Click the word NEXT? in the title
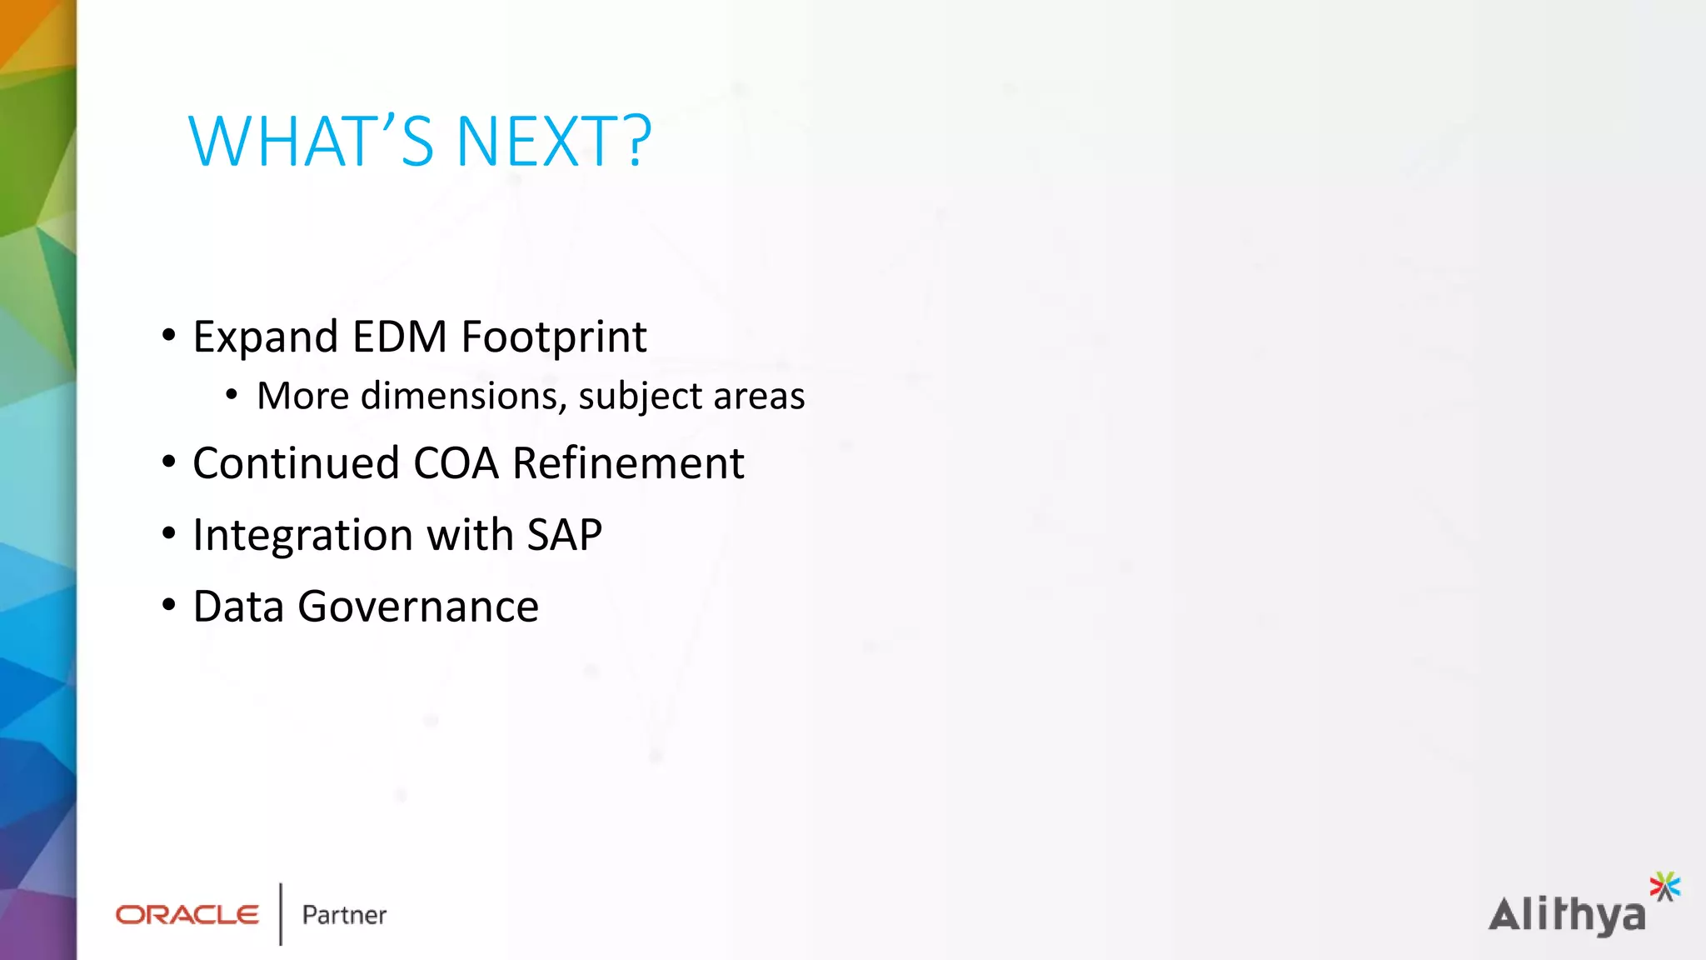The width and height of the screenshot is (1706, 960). (x=553, y=142)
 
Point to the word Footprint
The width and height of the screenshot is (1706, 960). (x=554, y=337)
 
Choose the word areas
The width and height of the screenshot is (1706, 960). (x=759, y=397)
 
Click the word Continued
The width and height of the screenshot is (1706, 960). (x=296, y=463)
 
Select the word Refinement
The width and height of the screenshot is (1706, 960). (x=628, y=463)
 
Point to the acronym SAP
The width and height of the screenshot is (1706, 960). (x=564, y=535)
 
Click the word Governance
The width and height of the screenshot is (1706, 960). (x=418, y=607)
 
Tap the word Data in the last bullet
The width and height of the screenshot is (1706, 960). (x=238, y=607)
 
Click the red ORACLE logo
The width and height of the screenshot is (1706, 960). (x=187, y=915)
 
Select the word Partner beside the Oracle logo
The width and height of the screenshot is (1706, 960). (x=344, y=915)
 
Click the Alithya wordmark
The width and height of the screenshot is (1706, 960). (x=1567, y=916)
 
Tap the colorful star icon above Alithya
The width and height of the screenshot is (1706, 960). (x=1664, y=886)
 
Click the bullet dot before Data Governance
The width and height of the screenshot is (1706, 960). (x=169, y=606)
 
